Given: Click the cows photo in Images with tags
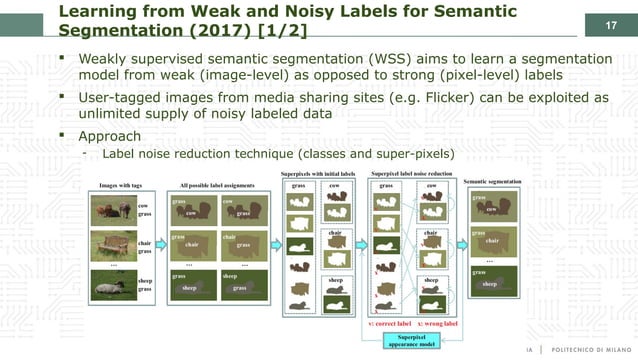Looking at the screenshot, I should pyautogui.click(x=112, y=209).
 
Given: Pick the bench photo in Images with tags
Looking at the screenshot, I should pyautogui.click(x=112, y=245).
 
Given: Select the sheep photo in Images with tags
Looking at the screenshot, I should pyautogui.click(x=112, y=284).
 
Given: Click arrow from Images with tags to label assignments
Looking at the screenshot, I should pyautogui.click(x=161, y=246).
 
